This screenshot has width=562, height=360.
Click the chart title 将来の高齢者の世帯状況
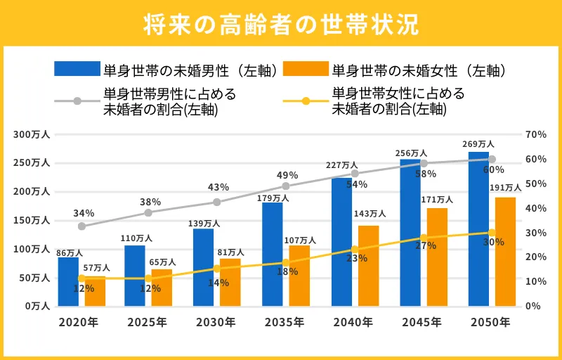click(281, 23)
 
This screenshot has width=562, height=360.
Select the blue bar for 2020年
click(68, 281)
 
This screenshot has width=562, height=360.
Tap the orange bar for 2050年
click(505, 252)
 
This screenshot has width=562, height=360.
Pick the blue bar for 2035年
click(273, 254)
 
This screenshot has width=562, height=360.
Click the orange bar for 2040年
click(368, 266)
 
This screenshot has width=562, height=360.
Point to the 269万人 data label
click(478, 144)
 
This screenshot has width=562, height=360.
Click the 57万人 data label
click(96, 268)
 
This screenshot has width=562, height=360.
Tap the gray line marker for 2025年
click(148, 213)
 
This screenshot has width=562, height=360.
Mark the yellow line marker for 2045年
click(424, 238)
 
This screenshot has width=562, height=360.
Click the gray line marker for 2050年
click(492, 160)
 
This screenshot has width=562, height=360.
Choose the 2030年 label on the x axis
click(216, 323)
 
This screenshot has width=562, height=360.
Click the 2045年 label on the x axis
click(422, 323)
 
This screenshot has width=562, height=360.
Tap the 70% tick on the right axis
click(535, 134)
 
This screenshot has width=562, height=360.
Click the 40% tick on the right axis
click(535, 208)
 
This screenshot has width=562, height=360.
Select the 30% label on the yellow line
click(494, 242)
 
